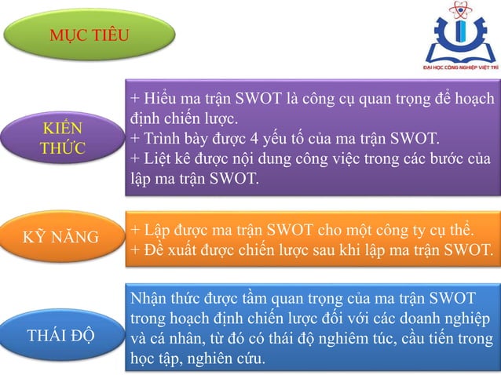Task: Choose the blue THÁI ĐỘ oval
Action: [x=61, y=336]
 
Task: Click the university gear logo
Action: [x=462, y=33]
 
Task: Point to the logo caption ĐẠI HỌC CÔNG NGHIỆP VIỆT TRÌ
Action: [x=462, y=68]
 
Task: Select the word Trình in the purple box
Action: [x=161, y=140]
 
